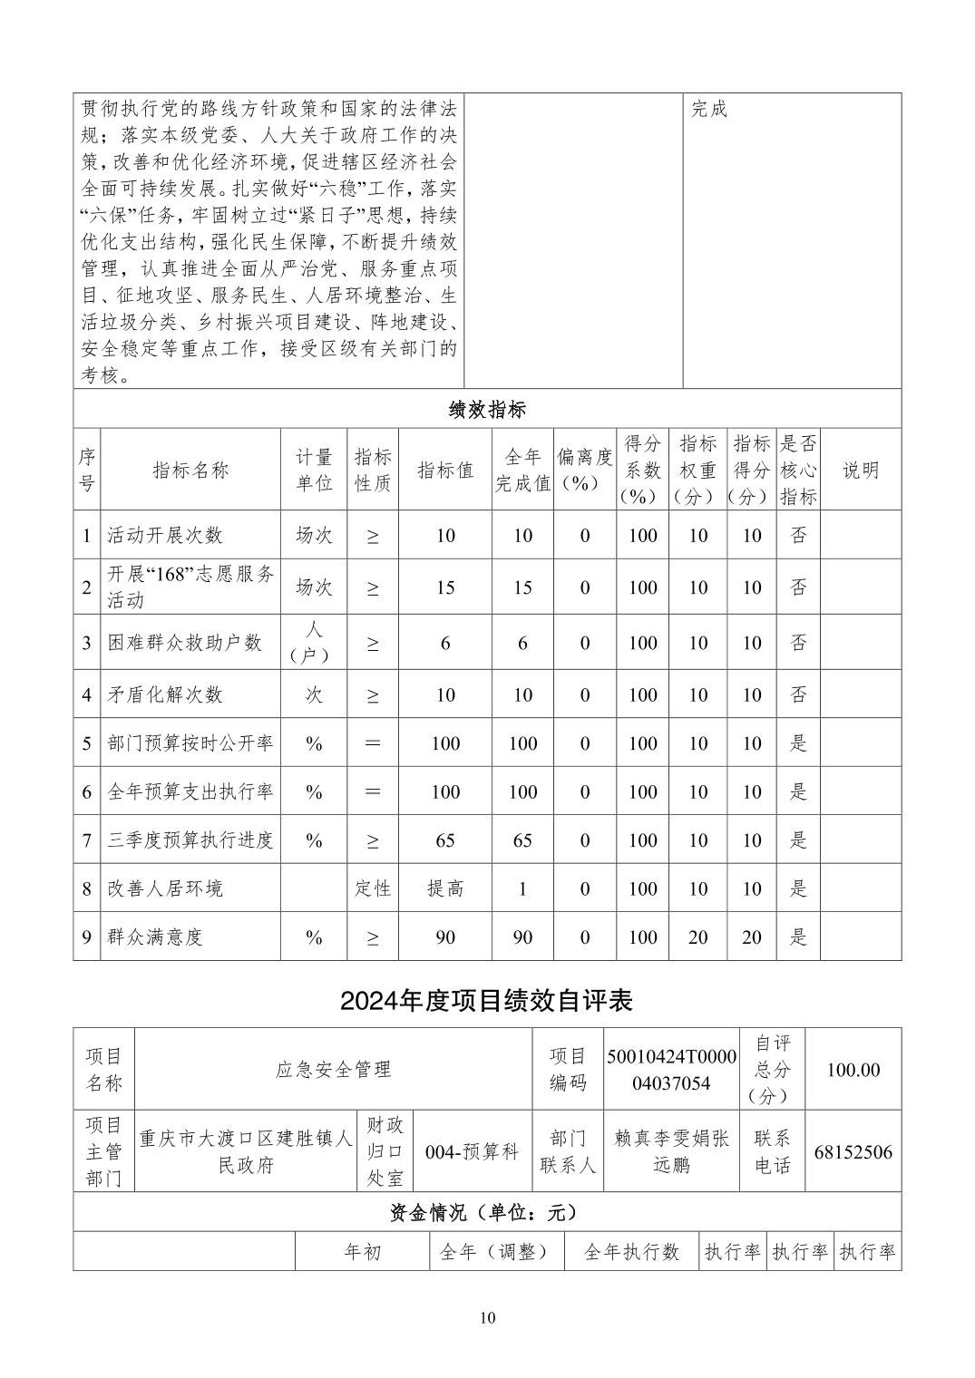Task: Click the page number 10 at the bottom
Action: pyautogui.click(x=487, y=1317)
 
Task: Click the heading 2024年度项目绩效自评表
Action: pyautogui.click(x=486, y=1000)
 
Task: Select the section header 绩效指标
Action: pyautogui.click(x=487, y=409)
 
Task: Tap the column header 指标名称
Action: pyautogui.click(x=190, y=470)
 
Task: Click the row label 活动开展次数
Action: pyautogui.click(x=165, y=535)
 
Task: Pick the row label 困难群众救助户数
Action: pyautogui.click(x=185, y=643)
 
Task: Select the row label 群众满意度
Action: pyautogui.click(x=155, y=936)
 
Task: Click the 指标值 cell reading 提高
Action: pyautogui.click(x=445, y=888)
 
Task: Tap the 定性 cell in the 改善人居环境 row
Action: pyautogui.click(x=372, y=888)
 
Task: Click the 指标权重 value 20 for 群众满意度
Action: pyautogui.click(x=697, y=936)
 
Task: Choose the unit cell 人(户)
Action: pyautogui.click(x=314, y=643)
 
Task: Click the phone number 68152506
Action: pyautogui.click(x=853, y=1152)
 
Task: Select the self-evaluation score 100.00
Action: pyautogui.click(x=853, y=1070)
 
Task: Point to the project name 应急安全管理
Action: pyautogui.click(x=333, y=1070)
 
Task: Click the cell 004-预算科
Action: pyautogui.click(x=472, y=1152)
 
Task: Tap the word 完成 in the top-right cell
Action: pyautogui.click(x=709, y=110)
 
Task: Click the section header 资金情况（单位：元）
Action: pyautogui.click(x=487, y=1212)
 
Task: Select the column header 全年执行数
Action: pyautogui.click(x=631, y=1252)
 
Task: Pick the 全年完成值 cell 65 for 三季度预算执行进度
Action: pyautogui.click(x=522, y=840)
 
